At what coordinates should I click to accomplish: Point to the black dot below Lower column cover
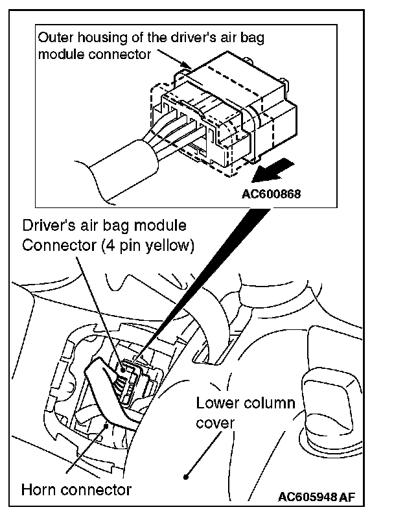click(x=187, y=476)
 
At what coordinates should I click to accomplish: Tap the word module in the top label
click(x=58, y=54)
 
